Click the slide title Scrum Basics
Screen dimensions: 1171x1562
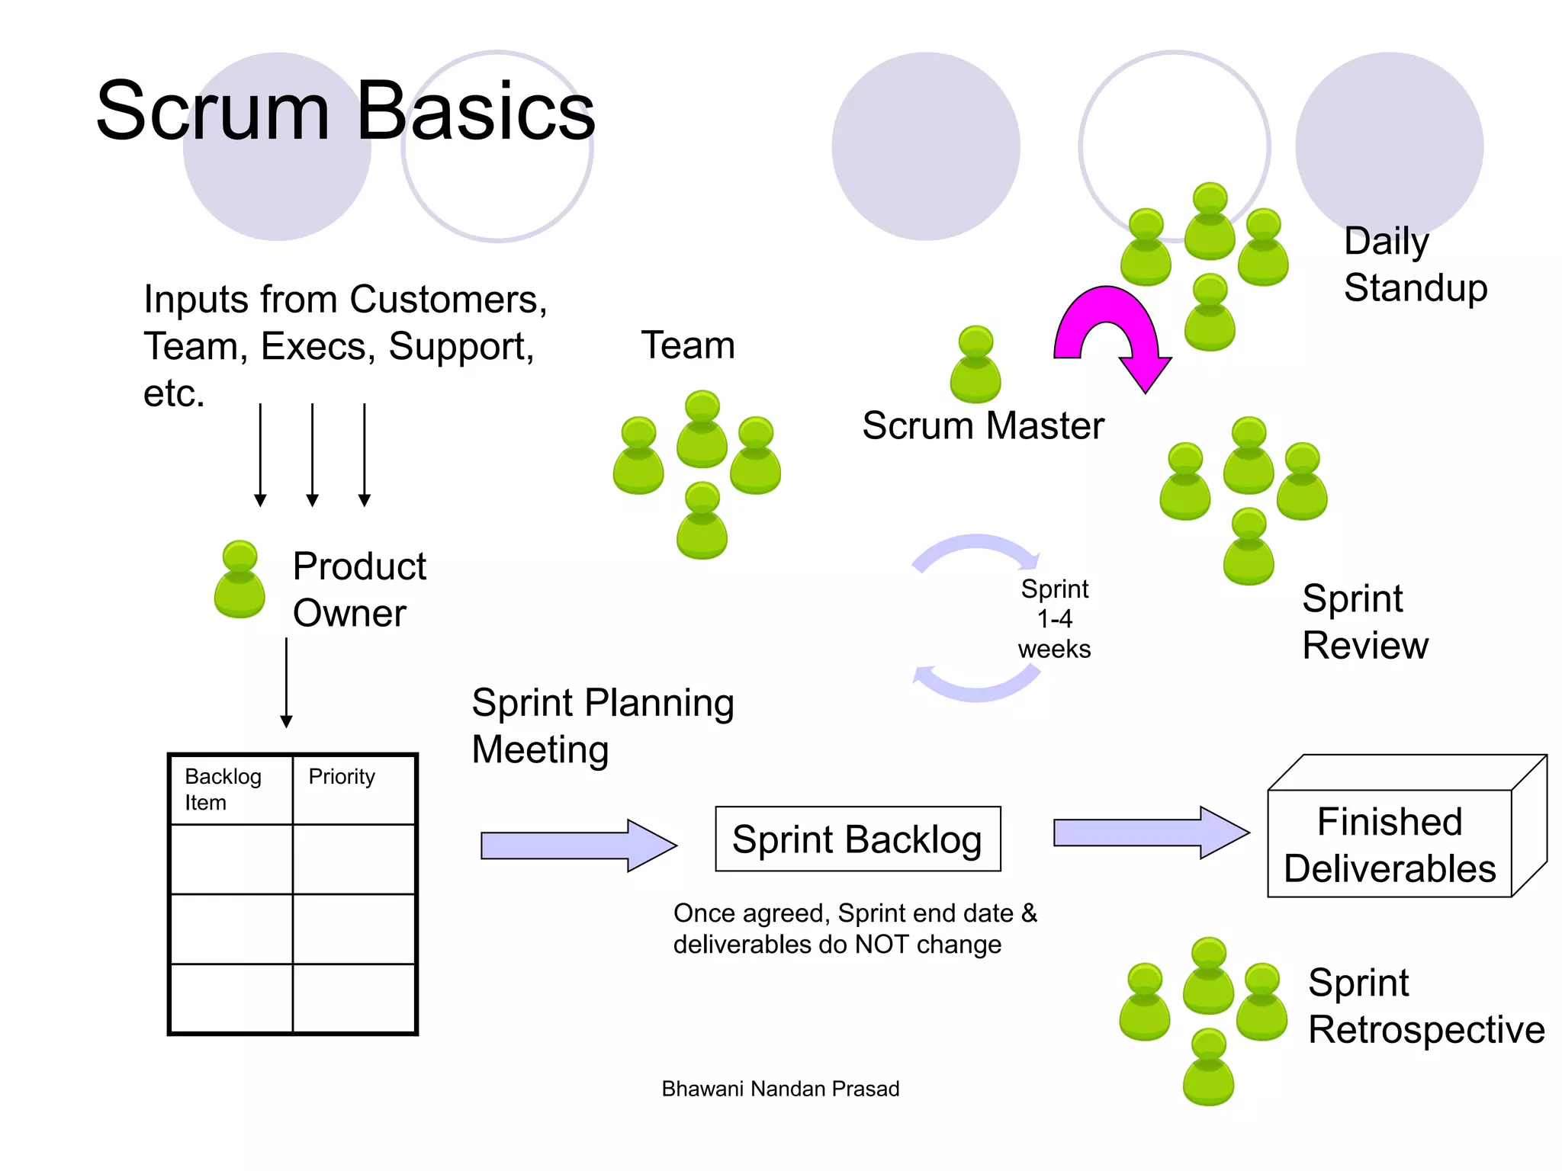click(345, 112)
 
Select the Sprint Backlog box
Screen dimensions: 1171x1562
click(857, 839)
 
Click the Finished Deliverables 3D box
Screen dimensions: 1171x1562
click(1390, 844)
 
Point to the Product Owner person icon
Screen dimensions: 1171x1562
click(239, 580)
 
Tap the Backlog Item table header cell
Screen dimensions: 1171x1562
click(231, 790)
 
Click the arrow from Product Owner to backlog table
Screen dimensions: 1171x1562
click(286, 682)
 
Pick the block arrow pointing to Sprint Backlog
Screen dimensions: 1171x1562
click(577, 845)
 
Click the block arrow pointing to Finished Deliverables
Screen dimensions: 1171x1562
click(1150, 833)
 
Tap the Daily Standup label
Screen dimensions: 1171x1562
click(1415, 265)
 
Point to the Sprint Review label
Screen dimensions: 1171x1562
click(1364, 622)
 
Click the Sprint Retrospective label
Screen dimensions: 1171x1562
click(1425, 1006)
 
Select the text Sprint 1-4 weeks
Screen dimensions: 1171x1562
click(1055, 619)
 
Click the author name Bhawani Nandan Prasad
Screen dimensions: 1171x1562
click(780, 1089)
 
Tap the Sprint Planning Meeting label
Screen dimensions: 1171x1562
click(603, 726)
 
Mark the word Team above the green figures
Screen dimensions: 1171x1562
click(688, 345)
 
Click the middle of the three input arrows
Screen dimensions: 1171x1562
click(312, 454)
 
